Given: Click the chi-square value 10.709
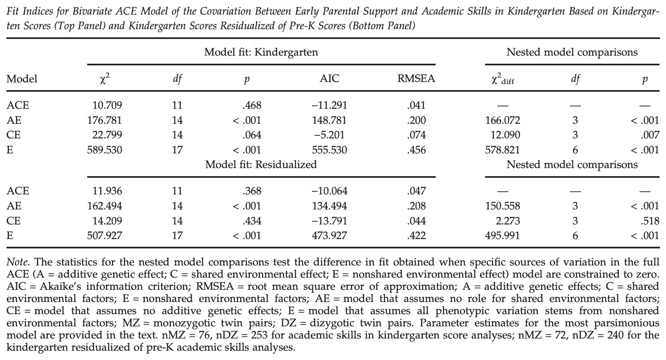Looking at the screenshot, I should point(107,106).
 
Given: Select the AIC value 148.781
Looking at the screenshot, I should point(329,121).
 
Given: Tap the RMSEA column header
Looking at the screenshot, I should point(416,79).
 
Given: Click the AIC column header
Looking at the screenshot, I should point(329,79).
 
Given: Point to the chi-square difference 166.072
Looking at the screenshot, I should point(502,121).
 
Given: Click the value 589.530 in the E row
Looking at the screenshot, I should point(104,150).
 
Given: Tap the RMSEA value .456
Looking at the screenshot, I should point(416,150).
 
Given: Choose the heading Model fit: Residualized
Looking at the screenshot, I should point(261,164).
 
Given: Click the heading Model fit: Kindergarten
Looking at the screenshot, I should point(261,52).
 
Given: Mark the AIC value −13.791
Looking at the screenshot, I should point(329,221).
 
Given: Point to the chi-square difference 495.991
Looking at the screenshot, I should point(502,236).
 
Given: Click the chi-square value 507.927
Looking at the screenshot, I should point(104,236).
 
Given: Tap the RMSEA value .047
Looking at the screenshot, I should point(416,191).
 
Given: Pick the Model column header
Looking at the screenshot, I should point(22,79).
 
